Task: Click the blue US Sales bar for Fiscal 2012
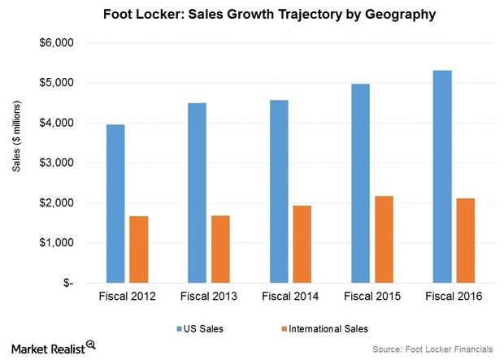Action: tap(116, 203)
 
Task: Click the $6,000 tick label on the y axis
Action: tap(58, 43)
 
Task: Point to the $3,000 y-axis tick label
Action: tap(58, 163)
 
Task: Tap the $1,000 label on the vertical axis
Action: tap(58, 243)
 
